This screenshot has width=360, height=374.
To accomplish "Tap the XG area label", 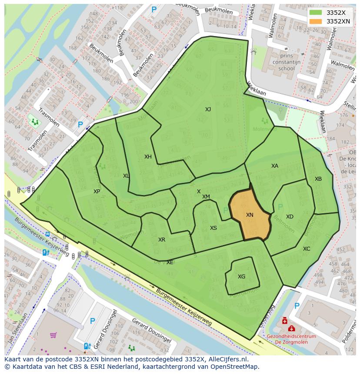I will click(241, 277).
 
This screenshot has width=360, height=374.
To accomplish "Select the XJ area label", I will click(208, 109).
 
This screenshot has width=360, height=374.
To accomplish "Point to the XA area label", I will click(274, 166).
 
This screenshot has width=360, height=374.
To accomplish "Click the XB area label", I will click(318, 179).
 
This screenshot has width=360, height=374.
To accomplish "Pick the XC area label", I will click(307, 249).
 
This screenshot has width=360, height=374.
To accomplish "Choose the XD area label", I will click(290, 217).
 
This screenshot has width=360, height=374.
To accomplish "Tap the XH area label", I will click(148, 157).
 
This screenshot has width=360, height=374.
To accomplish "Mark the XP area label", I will click(97, 192).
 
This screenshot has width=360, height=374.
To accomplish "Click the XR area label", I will click(161, 240).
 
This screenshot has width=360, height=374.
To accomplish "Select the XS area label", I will click(213, 228).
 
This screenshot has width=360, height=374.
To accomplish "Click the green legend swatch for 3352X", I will click(316, 13).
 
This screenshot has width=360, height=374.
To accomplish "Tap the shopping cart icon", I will click(53, 335).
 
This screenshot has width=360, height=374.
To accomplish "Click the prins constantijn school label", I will click(286, 62).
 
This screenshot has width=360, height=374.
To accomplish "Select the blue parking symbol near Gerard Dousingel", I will click(92, 321).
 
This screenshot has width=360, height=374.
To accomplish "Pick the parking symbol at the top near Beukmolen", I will click(153, 9).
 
